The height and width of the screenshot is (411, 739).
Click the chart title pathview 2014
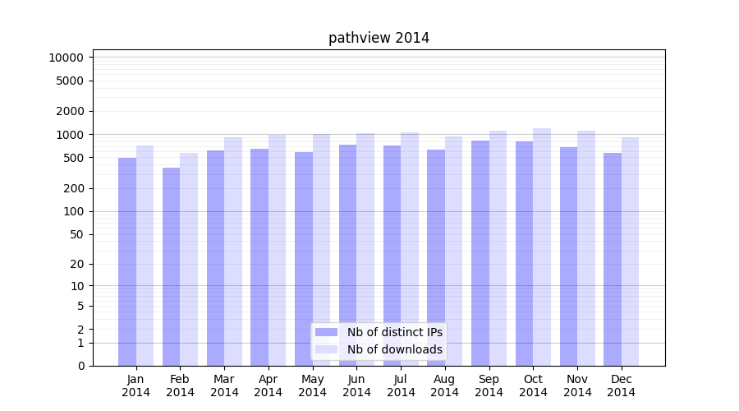(379, 38)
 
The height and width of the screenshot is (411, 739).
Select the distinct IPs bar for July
(392, 255)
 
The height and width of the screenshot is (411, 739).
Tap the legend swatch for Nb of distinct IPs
(326, 332)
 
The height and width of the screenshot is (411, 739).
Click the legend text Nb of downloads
(395, 349)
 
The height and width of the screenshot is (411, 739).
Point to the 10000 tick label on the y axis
(67, 58)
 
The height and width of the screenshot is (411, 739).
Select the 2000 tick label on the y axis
(70, 111)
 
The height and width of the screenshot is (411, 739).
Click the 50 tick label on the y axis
(76, 234)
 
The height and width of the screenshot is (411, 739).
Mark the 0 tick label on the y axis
(80, 366)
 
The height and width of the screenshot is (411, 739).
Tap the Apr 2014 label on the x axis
(269, 386)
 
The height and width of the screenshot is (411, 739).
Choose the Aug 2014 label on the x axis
(444, 386)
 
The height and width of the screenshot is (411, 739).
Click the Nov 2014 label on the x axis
(577, 386)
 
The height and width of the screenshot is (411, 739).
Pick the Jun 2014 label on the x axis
(356, 386)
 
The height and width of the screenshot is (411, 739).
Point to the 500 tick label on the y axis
(73, 158)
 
